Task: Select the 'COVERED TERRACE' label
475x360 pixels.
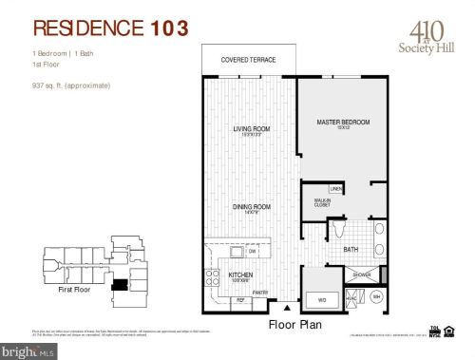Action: pos(248,60)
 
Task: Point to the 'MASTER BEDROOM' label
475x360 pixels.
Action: pos(342,123)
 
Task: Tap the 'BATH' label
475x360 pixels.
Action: pos(351,250)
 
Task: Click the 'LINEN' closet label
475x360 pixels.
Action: pos(335,189)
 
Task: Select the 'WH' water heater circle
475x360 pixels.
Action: pos(376,297)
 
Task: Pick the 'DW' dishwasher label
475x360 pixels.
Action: pos(251,252)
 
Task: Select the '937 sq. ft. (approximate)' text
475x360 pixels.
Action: pos(71,86)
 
